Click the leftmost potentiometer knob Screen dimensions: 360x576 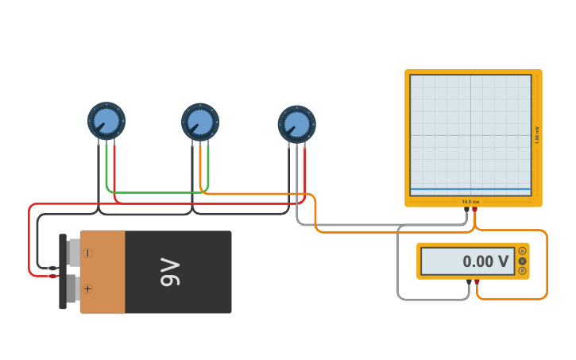[x=106, y=121]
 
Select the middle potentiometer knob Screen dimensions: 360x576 [x=200, y=122]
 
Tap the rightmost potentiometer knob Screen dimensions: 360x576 [x=296, y=124]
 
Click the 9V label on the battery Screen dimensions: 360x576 [x=171, y=272]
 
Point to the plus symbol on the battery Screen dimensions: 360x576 [x=87, y=288]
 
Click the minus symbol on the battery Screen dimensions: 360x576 [x=87, y=253]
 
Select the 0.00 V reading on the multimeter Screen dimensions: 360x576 [x=485, y=261]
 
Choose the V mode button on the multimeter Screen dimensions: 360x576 [x=522, y=261]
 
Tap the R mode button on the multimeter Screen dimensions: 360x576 [x=522, y=271]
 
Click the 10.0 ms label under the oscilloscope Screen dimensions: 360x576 [x=471, y=202]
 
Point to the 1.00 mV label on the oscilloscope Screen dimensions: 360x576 [x=537, y=135]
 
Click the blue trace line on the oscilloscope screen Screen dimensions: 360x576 [x=470, y=189]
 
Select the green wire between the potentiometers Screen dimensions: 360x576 [x=156, y=192]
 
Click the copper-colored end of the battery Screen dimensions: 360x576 [x=102, y=272]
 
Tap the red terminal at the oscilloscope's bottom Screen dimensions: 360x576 [x=475, y=210]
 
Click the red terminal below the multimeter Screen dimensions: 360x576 [x=477, y=282]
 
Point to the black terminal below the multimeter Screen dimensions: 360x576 [x=469, y=282]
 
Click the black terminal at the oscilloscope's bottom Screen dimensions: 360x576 [x=467, y=210]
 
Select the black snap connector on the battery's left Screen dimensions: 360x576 [x=63, y=272]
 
